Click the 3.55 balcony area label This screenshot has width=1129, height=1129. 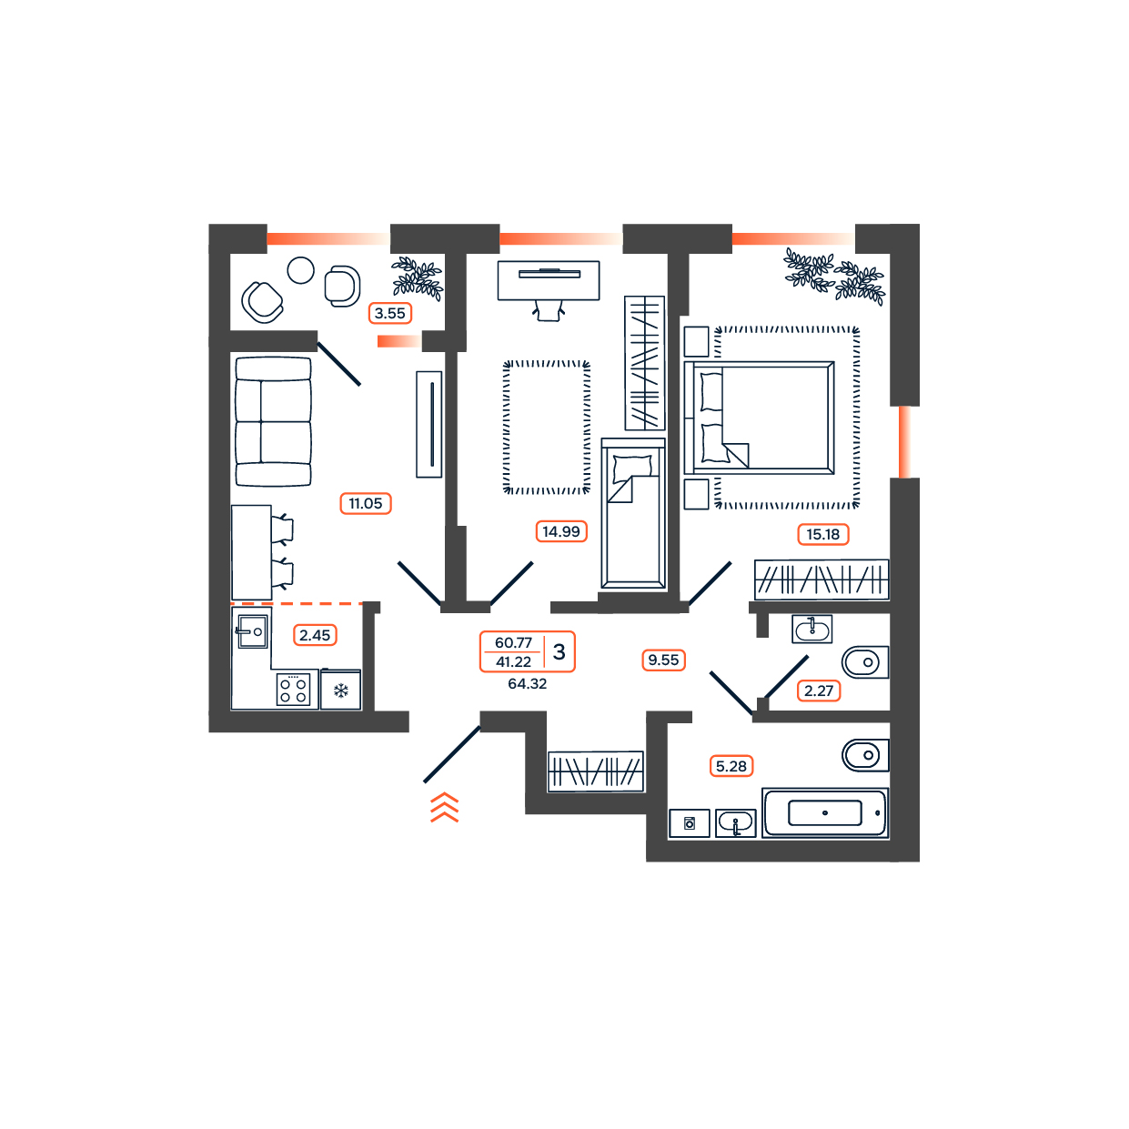click(x=389, y=313)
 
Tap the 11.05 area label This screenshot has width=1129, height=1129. click(x=365, y=503)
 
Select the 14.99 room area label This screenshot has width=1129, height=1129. click(x=560, y=531)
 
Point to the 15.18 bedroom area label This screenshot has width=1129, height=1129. click(x=822, y=534)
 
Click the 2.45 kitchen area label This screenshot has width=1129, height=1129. click(x=315, y=635)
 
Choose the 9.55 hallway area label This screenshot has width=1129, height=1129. click(x=663, y=660)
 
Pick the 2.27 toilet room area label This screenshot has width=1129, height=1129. click(x=819, y=691)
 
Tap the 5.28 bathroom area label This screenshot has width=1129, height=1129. click(x=731, y=766)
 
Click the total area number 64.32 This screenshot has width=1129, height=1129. click(x=528, y=684)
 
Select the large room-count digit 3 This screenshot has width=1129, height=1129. click(x=559, y=651)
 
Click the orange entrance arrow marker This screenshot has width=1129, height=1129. click(x=444, y=807)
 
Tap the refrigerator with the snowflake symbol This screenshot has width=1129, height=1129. click(x=340, y=690)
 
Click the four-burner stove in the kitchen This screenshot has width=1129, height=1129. click(x=293, y=690)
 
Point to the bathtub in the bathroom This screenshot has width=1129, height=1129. click(x=825, y=812)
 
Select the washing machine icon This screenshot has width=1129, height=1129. click(x=690, y=823)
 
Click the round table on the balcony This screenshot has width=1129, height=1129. click(x=300, y=271)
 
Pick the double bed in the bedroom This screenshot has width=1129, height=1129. click(x=760, y=418)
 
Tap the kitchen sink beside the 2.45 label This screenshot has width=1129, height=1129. click(x=253, y=631)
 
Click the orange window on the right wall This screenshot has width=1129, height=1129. click(x=904, y=442)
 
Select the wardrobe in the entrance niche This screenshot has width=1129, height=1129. click(x=595, y=771)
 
